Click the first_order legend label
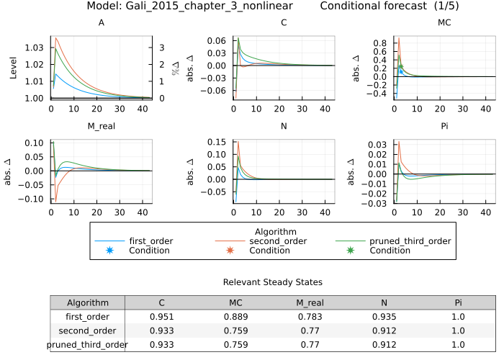tap(150, 240)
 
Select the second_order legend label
tap(274, 240)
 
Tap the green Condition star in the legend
tap(351, 250)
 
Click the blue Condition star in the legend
tap(110, 250)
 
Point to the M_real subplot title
tap(101, 128)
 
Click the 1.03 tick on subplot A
tap(35, 48)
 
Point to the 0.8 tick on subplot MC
tap(380, 42)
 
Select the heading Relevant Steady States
tap(273, 282)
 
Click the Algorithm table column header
tap(87, 303)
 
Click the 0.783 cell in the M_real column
tap(312, 317)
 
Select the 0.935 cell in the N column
tap(384, 317)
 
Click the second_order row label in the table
tap(87, 330)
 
